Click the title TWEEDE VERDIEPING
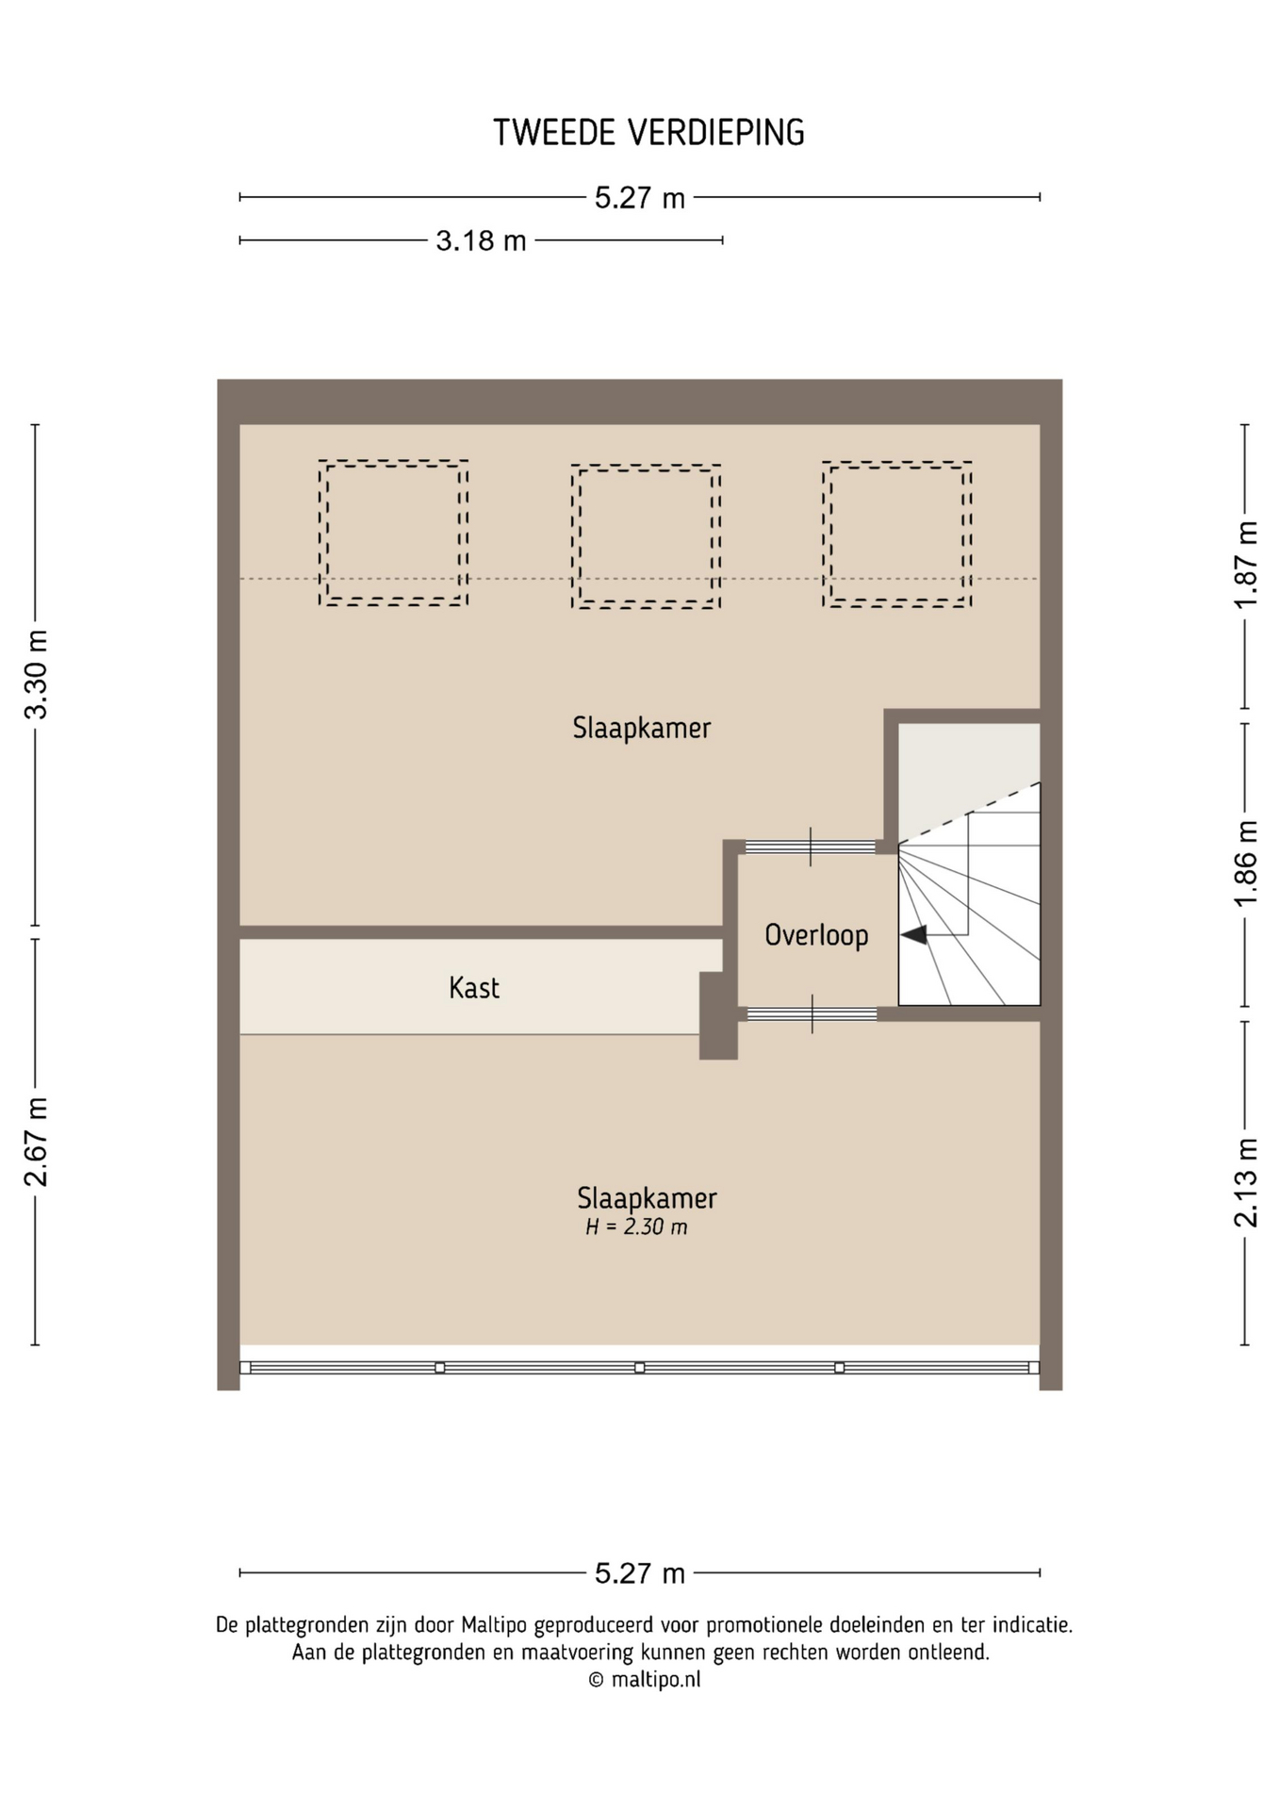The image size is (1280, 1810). (648, 133)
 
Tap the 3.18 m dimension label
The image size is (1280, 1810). (481, 241)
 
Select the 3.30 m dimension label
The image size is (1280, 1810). (36, 674)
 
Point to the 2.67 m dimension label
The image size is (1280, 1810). (36, 1142)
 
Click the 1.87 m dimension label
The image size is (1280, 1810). (1246, 565)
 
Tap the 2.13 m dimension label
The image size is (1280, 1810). (1246, 1182)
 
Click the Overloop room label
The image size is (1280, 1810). (816, 935)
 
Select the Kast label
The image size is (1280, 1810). (474, 988)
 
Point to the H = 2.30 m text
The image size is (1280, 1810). (636, 1227)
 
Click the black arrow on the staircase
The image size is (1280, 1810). (914, 934)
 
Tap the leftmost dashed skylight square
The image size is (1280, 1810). (393, 533)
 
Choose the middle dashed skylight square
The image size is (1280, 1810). (646, 536)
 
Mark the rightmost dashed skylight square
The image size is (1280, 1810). (897, 534)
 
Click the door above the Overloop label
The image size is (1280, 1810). (811, 847)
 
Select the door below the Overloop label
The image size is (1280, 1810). (812, 1014)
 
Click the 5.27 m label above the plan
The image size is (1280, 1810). (640, 198)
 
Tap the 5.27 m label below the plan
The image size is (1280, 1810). (640, 1573)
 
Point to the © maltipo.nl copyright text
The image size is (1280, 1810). (645, 1679)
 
